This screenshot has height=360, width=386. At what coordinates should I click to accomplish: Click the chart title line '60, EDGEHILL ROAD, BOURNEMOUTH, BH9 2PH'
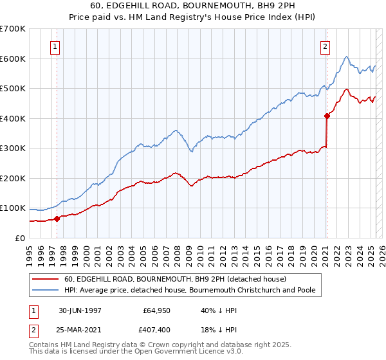(193, 6)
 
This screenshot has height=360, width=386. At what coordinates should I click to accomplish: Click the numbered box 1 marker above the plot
(55, 46)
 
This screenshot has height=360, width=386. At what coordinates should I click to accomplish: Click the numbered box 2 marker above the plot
(326, 46)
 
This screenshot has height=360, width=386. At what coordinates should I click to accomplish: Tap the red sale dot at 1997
(57, 219)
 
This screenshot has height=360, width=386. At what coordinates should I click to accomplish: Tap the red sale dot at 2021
(327, 116)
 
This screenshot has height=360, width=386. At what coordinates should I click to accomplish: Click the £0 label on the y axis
(19, 238)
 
